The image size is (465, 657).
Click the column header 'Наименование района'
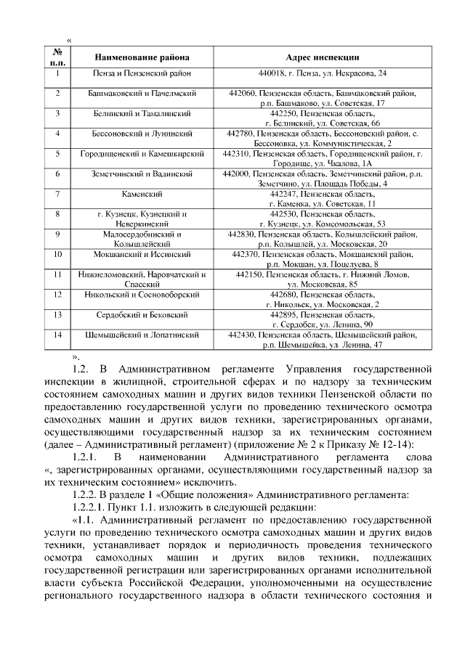point(142,57)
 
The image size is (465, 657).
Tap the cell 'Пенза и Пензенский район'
point(142,74)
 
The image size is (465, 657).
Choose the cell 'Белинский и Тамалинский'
point(142,114)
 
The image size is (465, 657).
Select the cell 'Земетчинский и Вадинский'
point(142,174)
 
